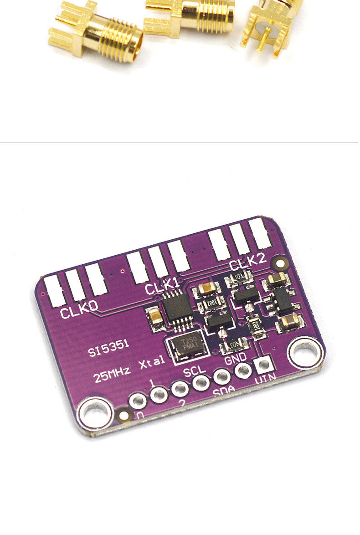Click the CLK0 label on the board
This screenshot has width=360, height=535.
click(x=79, y=312)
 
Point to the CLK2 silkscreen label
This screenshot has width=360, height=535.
click(x=247, y=262)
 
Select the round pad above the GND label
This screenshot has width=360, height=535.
click(x=243, y=371)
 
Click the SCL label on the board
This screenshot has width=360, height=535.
click(x=195, y=370)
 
